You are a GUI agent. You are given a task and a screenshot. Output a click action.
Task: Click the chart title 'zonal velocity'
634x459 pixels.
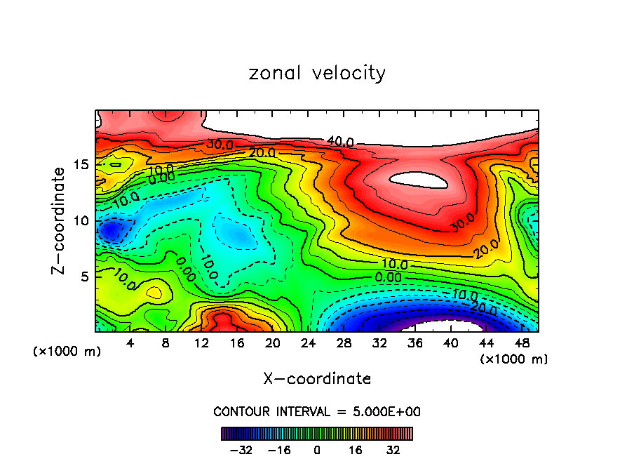317,73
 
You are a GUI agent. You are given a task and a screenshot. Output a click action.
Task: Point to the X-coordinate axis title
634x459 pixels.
317,379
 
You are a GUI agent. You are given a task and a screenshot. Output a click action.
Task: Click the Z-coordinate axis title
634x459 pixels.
62,220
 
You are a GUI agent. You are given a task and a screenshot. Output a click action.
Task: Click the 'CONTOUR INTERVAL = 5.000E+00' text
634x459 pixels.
317,411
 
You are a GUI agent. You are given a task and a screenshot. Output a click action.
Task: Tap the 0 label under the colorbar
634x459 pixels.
317,448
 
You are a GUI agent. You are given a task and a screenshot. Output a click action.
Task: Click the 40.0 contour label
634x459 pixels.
339,142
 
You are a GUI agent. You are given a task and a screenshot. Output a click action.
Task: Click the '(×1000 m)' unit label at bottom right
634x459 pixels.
513,359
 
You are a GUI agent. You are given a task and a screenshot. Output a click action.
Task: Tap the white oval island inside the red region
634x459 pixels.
419,180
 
